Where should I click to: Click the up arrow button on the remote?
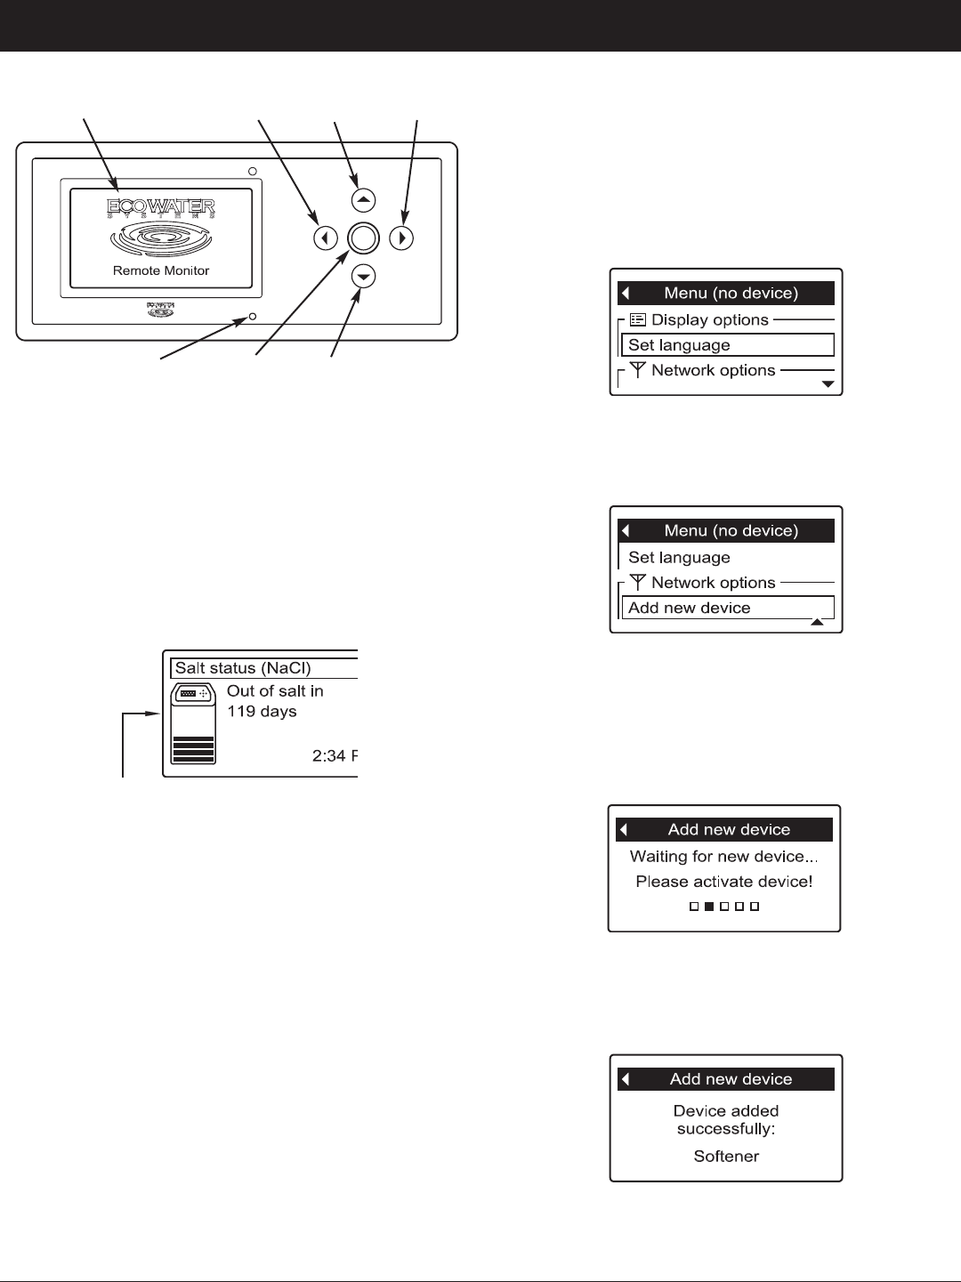(x=363, y=200)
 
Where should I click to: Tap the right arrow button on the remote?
(x=402, y=238)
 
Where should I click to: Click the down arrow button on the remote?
(x=363, y=277)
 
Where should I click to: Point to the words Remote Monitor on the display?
(x=161, y=270)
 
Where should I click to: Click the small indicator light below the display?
(x=253, y=316)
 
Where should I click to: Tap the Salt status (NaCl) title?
(x=243, y=668)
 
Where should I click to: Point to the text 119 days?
(x=262, y=712)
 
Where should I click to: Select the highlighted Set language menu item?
(x=727, y=345)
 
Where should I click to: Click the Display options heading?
(x=709, y=319)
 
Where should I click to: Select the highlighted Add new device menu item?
(x=727, y=608)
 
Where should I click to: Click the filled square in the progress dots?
(x=709, y=907)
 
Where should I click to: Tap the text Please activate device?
(x=723, y=882)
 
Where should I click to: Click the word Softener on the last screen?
(x=726, y=1157)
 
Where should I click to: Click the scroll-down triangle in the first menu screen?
(x=828, y=384)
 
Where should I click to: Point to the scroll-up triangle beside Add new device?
(x=817, y=623)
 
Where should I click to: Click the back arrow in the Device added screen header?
(x=626, y=1079)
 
